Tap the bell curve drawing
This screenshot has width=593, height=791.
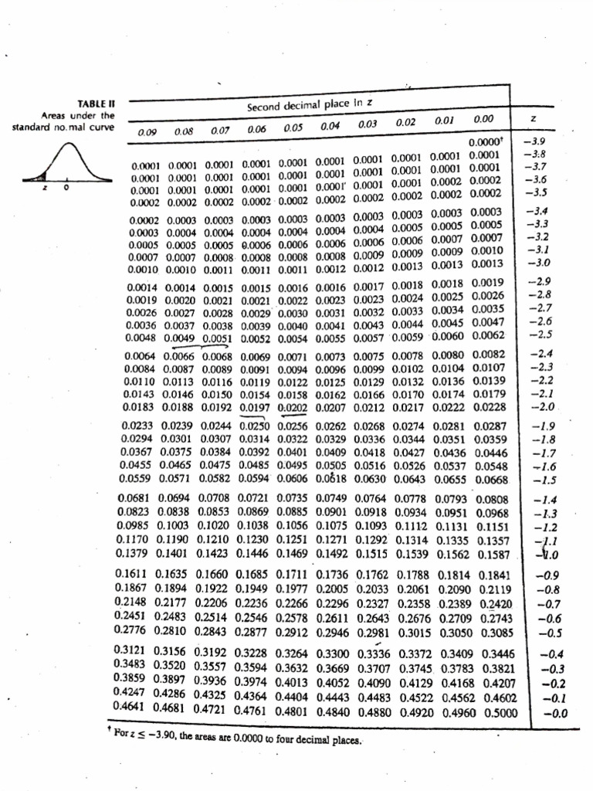pos(64,163)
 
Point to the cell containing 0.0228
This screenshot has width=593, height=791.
pos(490,406)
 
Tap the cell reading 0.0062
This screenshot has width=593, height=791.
pos(488,334)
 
